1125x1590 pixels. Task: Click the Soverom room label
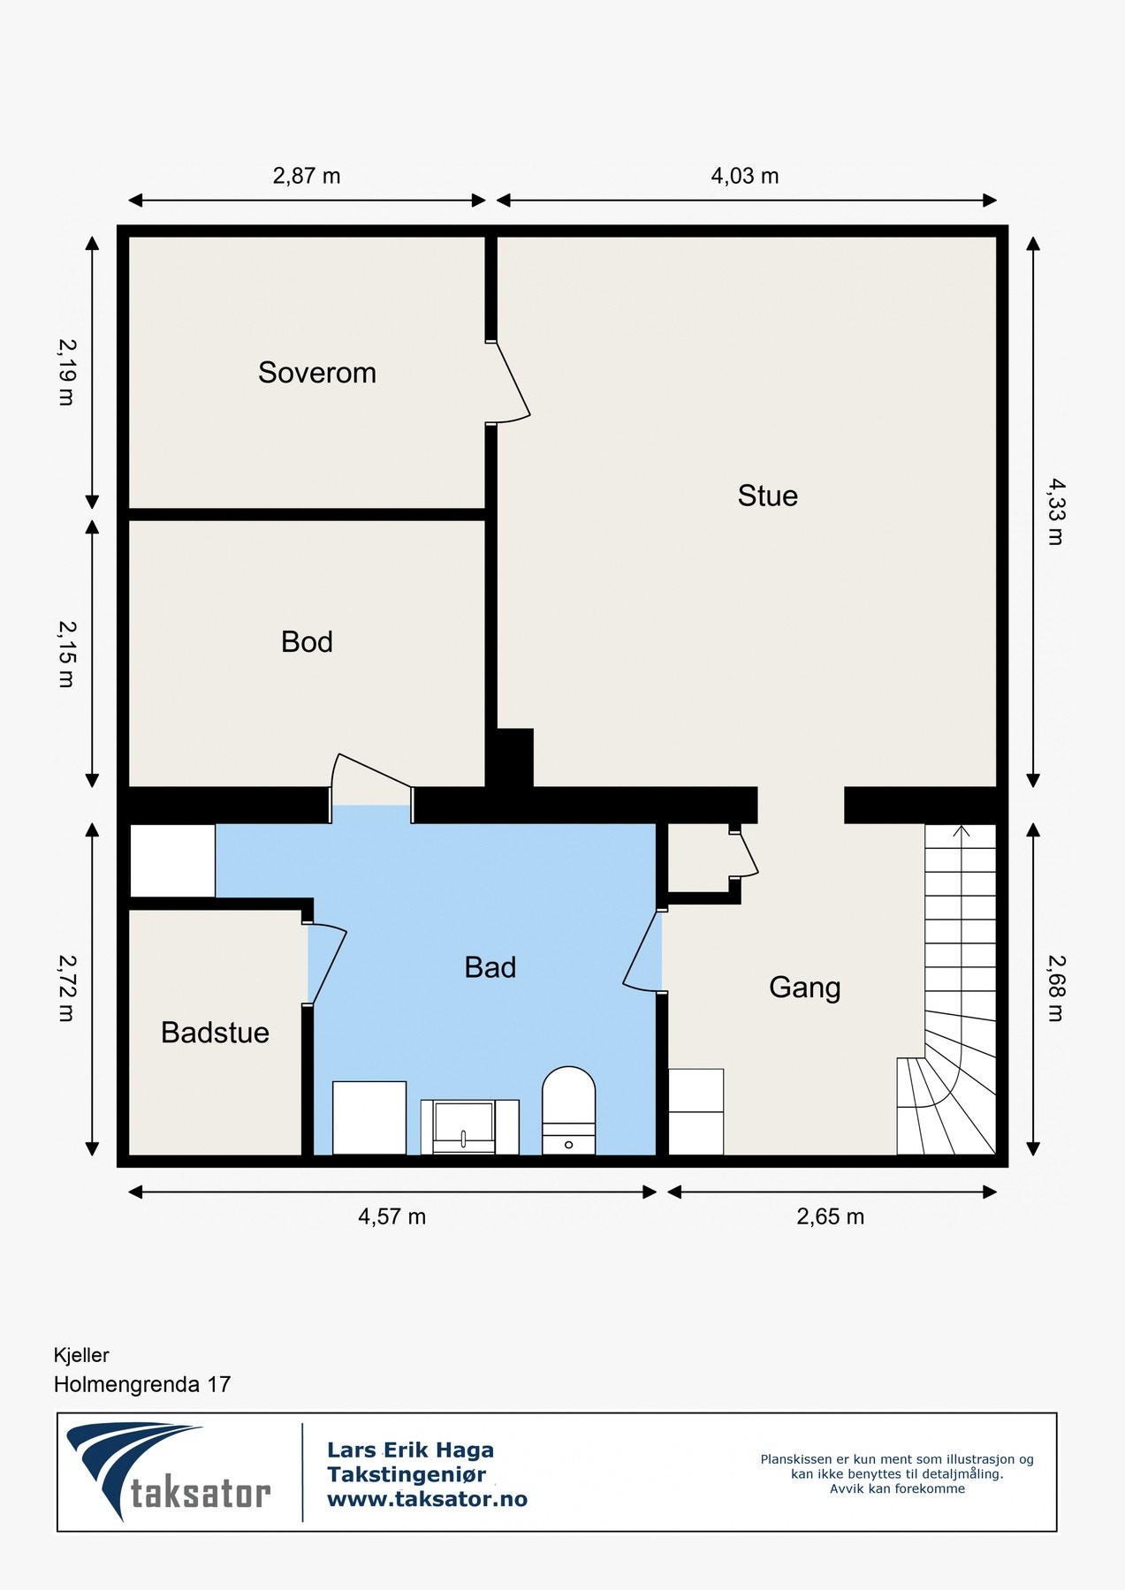[317, 373]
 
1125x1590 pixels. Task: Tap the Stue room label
[768, 496]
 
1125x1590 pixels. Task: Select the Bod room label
[307, 641]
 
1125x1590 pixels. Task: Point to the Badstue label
[215, 1033]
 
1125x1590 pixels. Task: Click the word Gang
[804, 988]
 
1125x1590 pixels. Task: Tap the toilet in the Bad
[568, 1110]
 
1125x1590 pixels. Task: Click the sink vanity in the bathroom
[469, 1127]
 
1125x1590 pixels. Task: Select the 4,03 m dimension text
[745, 176]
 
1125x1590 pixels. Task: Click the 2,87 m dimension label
[307, 176]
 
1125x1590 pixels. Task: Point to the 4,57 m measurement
[391, 1217]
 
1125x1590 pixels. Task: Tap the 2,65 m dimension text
[831, 1217]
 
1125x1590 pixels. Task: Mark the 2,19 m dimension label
[66, 372]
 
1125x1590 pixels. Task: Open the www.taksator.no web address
[427, 1499]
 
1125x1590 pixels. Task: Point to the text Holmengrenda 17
[142, 1384]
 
